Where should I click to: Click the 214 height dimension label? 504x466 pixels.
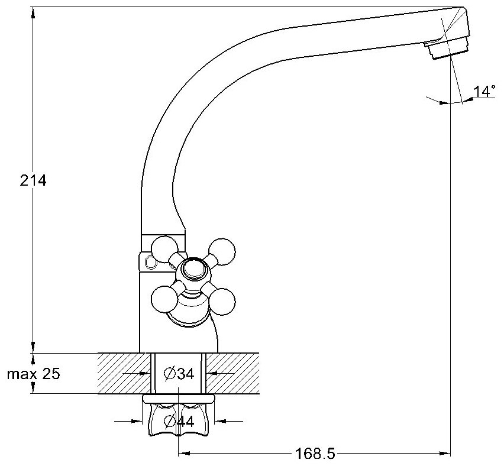point(33,181)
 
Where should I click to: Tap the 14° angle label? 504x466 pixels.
point(483,91)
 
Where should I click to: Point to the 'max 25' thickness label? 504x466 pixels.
point(33,374)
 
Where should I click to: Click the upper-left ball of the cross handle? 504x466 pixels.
point(165,247)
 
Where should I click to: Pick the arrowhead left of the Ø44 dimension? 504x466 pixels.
point(139,421)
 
